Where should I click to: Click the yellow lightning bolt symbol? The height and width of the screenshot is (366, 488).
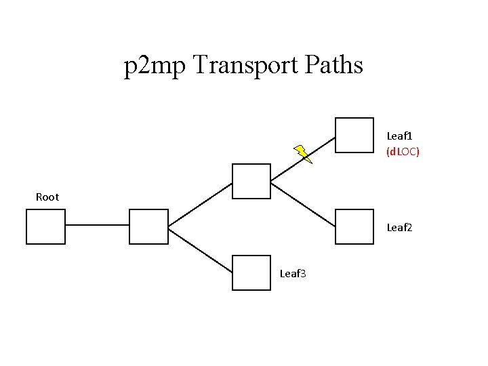303,154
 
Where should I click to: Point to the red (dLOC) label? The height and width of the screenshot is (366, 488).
403,152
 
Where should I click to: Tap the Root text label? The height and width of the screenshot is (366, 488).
47,197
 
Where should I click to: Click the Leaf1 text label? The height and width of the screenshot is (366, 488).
399,136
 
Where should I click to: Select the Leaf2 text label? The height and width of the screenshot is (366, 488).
399,228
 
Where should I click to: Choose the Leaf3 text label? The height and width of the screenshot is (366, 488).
293,274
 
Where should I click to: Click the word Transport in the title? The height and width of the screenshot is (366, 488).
245,65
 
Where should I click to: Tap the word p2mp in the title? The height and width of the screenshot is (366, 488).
155,66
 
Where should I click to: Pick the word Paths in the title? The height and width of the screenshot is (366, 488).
333,64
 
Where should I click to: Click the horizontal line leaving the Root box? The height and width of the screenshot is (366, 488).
97,225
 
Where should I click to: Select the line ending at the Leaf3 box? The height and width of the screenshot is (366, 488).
200,251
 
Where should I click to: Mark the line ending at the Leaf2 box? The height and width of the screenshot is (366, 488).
303,205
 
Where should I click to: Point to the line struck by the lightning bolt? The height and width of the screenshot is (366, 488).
303,159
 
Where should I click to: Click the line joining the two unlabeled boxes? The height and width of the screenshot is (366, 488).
200,205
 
